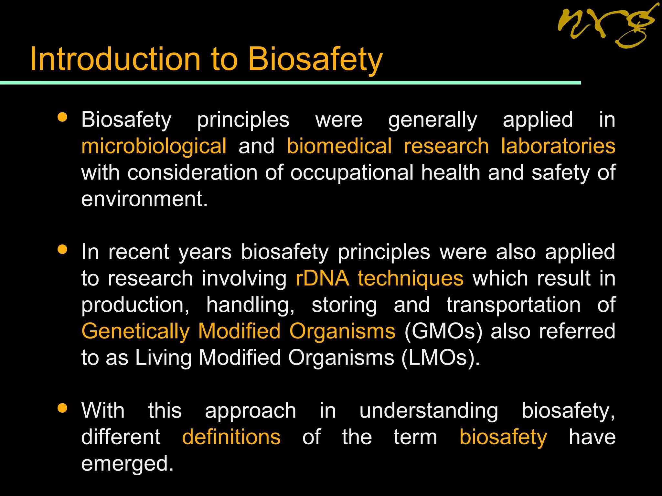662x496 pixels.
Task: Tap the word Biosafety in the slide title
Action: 315,60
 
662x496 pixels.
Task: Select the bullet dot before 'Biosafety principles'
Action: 62,117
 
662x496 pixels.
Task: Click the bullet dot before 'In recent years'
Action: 62,249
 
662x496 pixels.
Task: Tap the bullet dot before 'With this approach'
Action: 62,408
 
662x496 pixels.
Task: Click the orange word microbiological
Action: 154,146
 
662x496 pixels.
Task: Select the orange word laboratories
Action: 558,146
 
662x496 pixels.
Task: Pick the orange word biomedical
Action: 339,146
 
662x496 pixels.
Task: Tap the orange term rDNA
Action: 322,278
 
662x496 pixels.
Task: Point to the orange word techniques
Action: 411,278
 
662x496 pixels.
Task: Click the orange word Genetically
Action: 135,332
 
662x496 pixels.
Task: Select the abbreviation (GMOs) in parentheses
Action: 443,332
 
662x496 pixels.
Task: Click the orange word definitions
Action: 231,437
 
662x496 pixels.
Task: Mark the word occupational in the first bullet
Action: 352,173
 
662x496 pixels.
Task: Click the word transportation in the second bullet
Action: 514,305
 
